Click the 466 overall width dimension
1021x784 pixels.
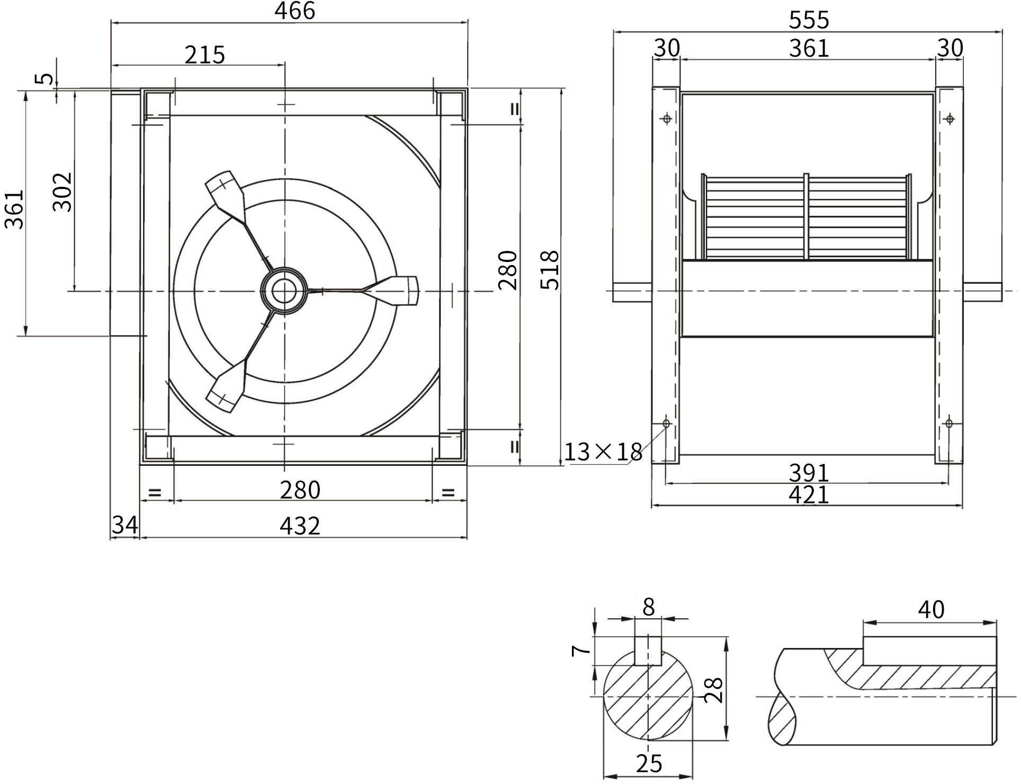[x=294, y=11]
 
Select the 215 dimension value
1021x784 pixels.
[x=205, y=55]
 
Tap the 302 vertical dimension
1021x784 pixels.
[x=62, y=192]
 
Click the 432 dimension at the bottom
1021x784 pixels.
[x=300, y=526]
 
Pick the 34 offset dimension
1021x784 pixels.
[x=125, y=525]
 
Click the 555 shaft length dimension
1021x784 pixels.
[x=809, y=20]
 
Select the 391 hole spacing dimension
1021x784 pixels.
[x=809, y=472]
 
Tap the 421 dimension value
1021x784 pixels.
[x=809, y=495]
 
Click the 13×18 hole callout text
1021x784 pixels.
[x=603, y=452]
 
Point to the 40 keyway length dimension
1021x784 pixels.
[x=931, y=610]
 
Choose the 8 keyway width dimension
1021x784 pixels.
[x=649, y=607]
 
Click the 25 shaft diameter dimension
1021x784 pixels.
[x=649, y=763]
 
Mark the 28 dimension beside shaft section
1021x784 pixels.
[x=714, y=690]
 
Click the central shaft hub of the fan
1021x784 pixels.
[x=284, y=291]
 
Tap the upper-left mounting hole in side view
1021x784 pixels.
[x=667, y=119]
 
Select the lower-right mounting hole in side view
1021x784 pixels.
[x=949, y=423]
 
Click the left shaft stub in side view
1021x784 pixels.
[x=632, y=292]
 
